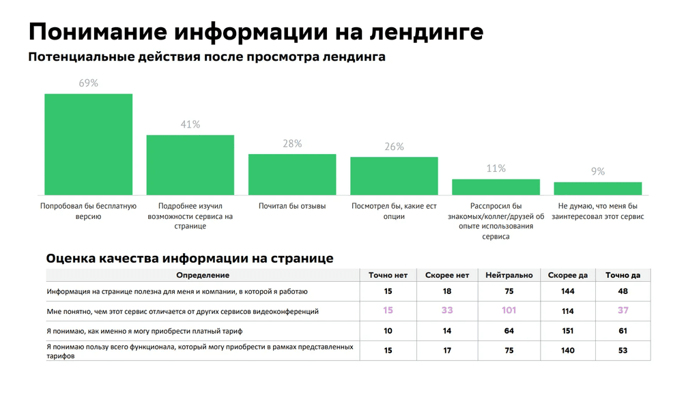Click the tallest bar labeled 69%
pos(89,144)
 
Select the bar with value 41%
pos(190,164)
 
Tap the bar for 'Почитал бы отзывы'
pos(292,175)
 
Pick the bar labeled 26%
pos(394,176)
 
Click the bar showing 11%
pos(496,187)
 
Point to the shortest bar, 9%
pos(597,188)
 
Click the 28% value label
pos(292,144)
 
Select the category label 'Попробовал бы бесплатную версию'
pos(89,211)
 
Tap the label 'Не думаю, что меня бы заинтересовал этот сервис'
pos(597,211)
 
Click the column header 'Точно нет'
pos(388,275)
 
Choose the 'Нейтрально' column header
pos(509,275)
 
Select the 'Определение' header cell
pos(203,275)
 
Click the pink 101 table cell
pos(509,310)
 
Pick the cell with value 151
pos(567,331)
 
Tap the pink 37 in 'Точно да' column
pos(623,310)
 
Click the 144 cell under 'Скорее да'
pos(567,291)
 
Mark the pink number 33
pos(447,310)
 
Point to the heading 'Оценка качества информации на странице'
pos(190,259)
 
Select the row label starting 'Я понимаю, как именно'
pos(145,331)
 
